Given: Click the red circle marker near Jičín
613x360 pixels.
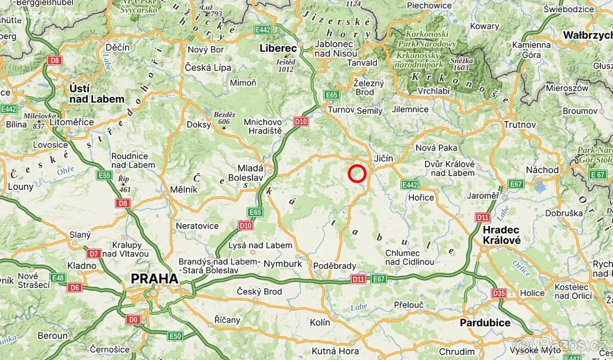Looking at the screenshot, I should pos(357,174).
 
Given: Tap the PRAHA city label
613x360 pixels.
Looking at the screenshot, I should pos(154,279).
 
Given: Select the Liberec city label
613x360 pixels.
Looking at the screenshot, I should pos(278,48).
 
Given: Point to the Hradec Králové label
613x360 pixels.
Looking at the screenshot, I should pos(502,235).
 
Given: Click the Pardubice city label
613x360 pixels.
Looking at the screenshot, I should pos(485,323).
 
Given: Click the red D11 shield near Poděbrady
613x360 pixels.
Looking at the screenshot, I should pos(358,279).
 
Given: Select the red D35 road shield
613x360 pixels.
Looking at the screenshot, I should pos(499,293).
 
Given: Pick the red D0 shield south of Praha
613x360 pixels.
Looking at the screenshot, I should pos(133,320).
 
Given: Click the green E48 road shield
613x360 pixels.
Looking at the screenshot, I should pos(58,277).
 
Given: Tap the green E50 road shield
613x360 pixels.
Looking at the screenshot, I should pos(175,335).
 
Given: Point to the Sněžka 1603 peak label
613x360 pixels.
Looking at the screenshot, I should pos(462,64).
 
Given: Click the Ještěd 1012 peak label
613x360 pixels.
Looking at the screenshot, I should pos(285,65).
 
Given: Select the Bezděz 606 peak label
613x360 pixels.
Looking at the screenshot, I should pos(225,118).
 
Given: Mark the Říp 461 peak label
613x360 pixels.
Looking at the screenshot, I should pos(124,184).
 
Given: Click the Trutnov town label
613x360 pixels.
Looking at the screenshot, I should pos(520,125).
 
